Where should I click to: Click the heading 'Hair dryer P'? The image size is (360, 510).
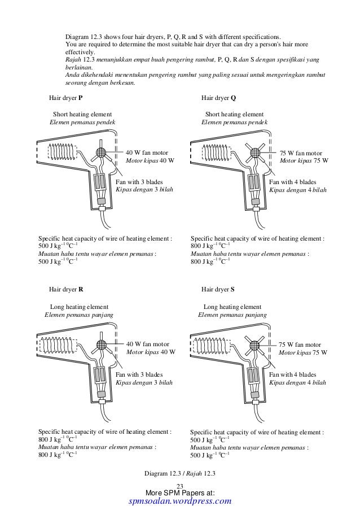point(65,97)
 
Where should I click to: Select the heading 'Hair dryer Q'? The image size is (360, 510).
point(218,97)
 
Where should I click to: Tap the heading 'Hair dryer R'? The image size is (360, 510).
point(65,289)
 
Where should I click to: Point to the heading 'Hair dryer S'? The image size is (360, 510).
point(218,289)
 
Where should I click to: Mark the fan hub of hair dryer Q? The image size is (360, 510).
point(257,153)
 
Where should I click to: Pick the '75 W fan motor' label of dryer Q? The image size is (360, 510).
point(301,153)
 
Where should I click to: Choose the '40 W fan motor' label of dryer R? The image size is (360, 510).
point(147,344)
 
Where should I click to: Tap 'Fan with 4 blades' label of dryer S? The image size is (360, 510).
point(292,374)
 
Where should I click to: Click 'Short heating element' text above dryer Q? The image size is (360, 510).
point(234,114)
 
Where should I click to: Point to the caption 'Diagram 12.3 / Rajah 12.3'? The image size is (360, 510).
point(181,473)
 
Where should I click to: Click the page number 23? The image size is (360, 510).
point(181,487)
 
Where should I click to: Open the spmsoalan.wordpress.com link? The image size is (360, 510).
point(181,501)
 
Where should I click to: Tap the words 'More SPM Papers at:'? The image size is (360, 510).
point(181,493)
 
